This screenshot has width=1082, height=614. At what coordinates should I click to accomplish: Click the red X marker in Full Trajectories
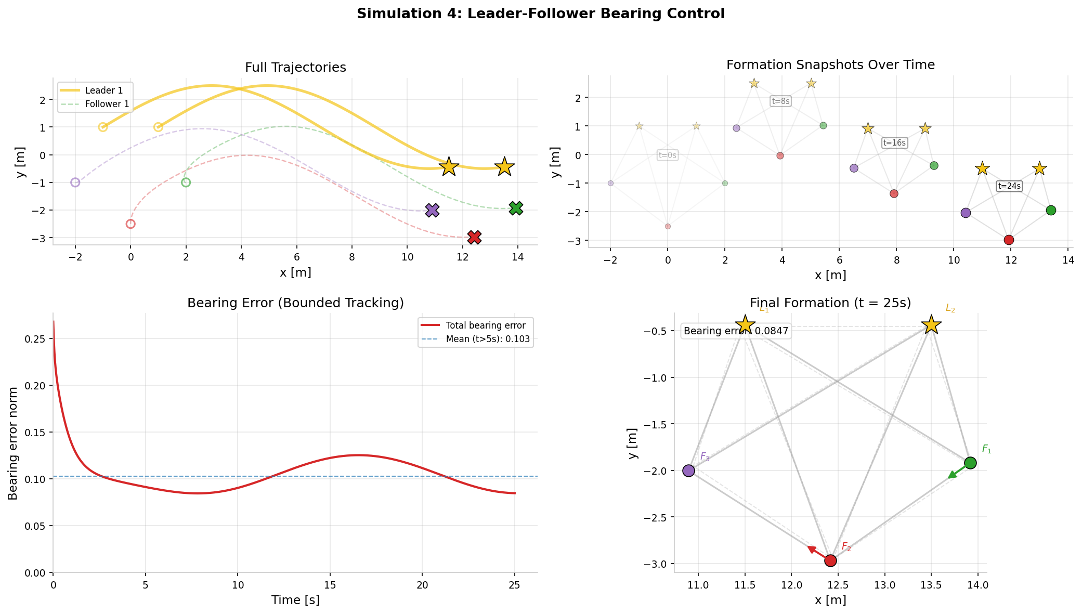click(474, 237)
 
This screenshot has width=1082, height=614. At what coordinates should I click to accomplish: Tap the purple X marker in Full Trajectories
click(432, 210)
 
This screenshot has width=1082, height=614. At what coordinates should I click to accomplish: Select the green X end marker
click(516, 208)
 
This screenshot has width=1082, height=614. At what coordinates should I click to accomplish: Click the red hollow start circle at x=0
click(131, 224)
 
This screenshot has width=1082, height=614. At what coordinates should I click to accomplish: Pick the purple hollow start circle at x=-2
click(75, 182)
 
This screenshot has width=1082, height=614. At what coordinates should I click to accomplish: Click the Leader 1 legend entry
click(95, 90)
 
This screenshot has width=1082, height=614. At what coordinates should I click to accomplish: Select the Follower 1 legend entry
click(95, 104)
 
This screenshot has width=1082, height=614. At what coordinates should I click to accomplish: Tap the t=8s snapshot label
click(780, 101)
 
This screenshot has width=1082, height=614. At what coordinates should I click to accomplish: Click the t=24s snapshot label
click(1009, 186)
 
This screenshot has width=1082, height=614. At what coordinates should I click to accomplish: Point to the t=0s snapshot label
click(668, 155)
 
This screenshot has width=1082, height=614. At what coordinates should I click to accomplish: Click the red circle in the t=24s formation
click(1009, 240)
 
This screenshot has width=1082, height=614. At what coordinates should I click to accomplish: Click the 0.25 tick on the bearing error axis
click(38, 339)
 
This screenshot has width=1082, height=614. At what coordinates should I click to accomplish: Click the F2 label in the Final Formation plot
click(846, 547)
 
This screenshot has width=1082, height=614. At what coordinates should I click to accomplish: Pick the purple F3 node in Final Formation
click(688, 471)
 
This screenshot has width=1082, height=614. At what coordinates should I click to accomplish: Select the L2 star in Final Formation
click(931, 325)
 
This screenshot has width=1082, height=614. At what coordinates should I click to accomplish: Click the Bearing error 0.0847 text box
click(736, 331)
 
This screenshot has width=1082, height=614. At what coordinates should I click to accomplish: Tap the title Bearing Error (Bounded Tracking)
click(295, 303)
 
